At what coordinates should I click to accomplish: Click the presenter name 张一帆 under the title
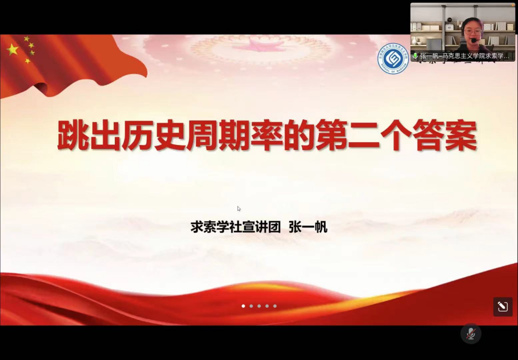tap(308, 227)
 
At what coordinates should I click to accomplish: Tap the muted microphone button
tap(471, 333)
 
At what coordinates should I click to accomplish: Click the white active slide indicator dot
tap(243, 306)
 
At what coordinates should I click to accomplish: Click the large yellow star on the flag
tap(12, 49)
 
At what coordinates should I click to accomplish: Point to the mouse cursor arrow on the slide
tap(239, 209)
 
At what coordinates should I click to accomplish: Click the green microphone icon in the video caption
tap(415, 56)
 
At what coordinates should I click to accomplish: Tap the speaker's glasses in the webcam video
tap(473, 32)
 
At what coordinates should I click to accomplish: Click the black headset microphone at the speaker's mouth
tap(474, 40)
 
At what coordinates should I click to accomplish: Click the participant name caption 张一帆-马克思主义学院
tap(465, 56)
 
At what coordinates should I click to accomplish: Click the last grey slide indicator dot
tap(275, 306)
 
